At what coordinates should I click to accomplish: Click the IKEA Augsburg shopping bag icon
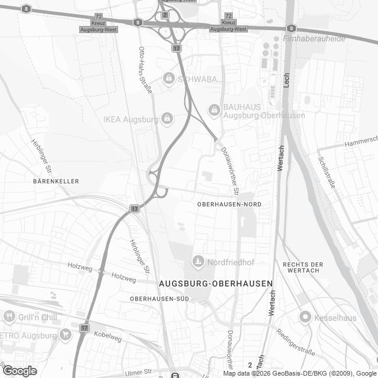(168, 119)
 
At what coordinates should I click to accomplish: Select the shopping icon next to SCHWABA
(169, 78)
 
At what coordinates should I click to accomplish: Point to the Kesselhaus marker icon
(305, 317)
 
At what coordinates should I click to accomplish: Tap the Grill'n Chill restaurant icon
(8, 317)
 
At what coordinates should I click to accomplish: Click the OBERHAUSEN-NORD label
(229, 204)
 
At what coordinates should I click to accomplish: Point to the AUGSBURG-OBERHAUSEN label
(216, 283)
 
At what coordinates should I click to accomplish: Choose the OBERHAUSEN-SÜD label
(159, 299)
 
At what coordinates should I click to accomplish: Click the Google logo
(19, 370)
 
